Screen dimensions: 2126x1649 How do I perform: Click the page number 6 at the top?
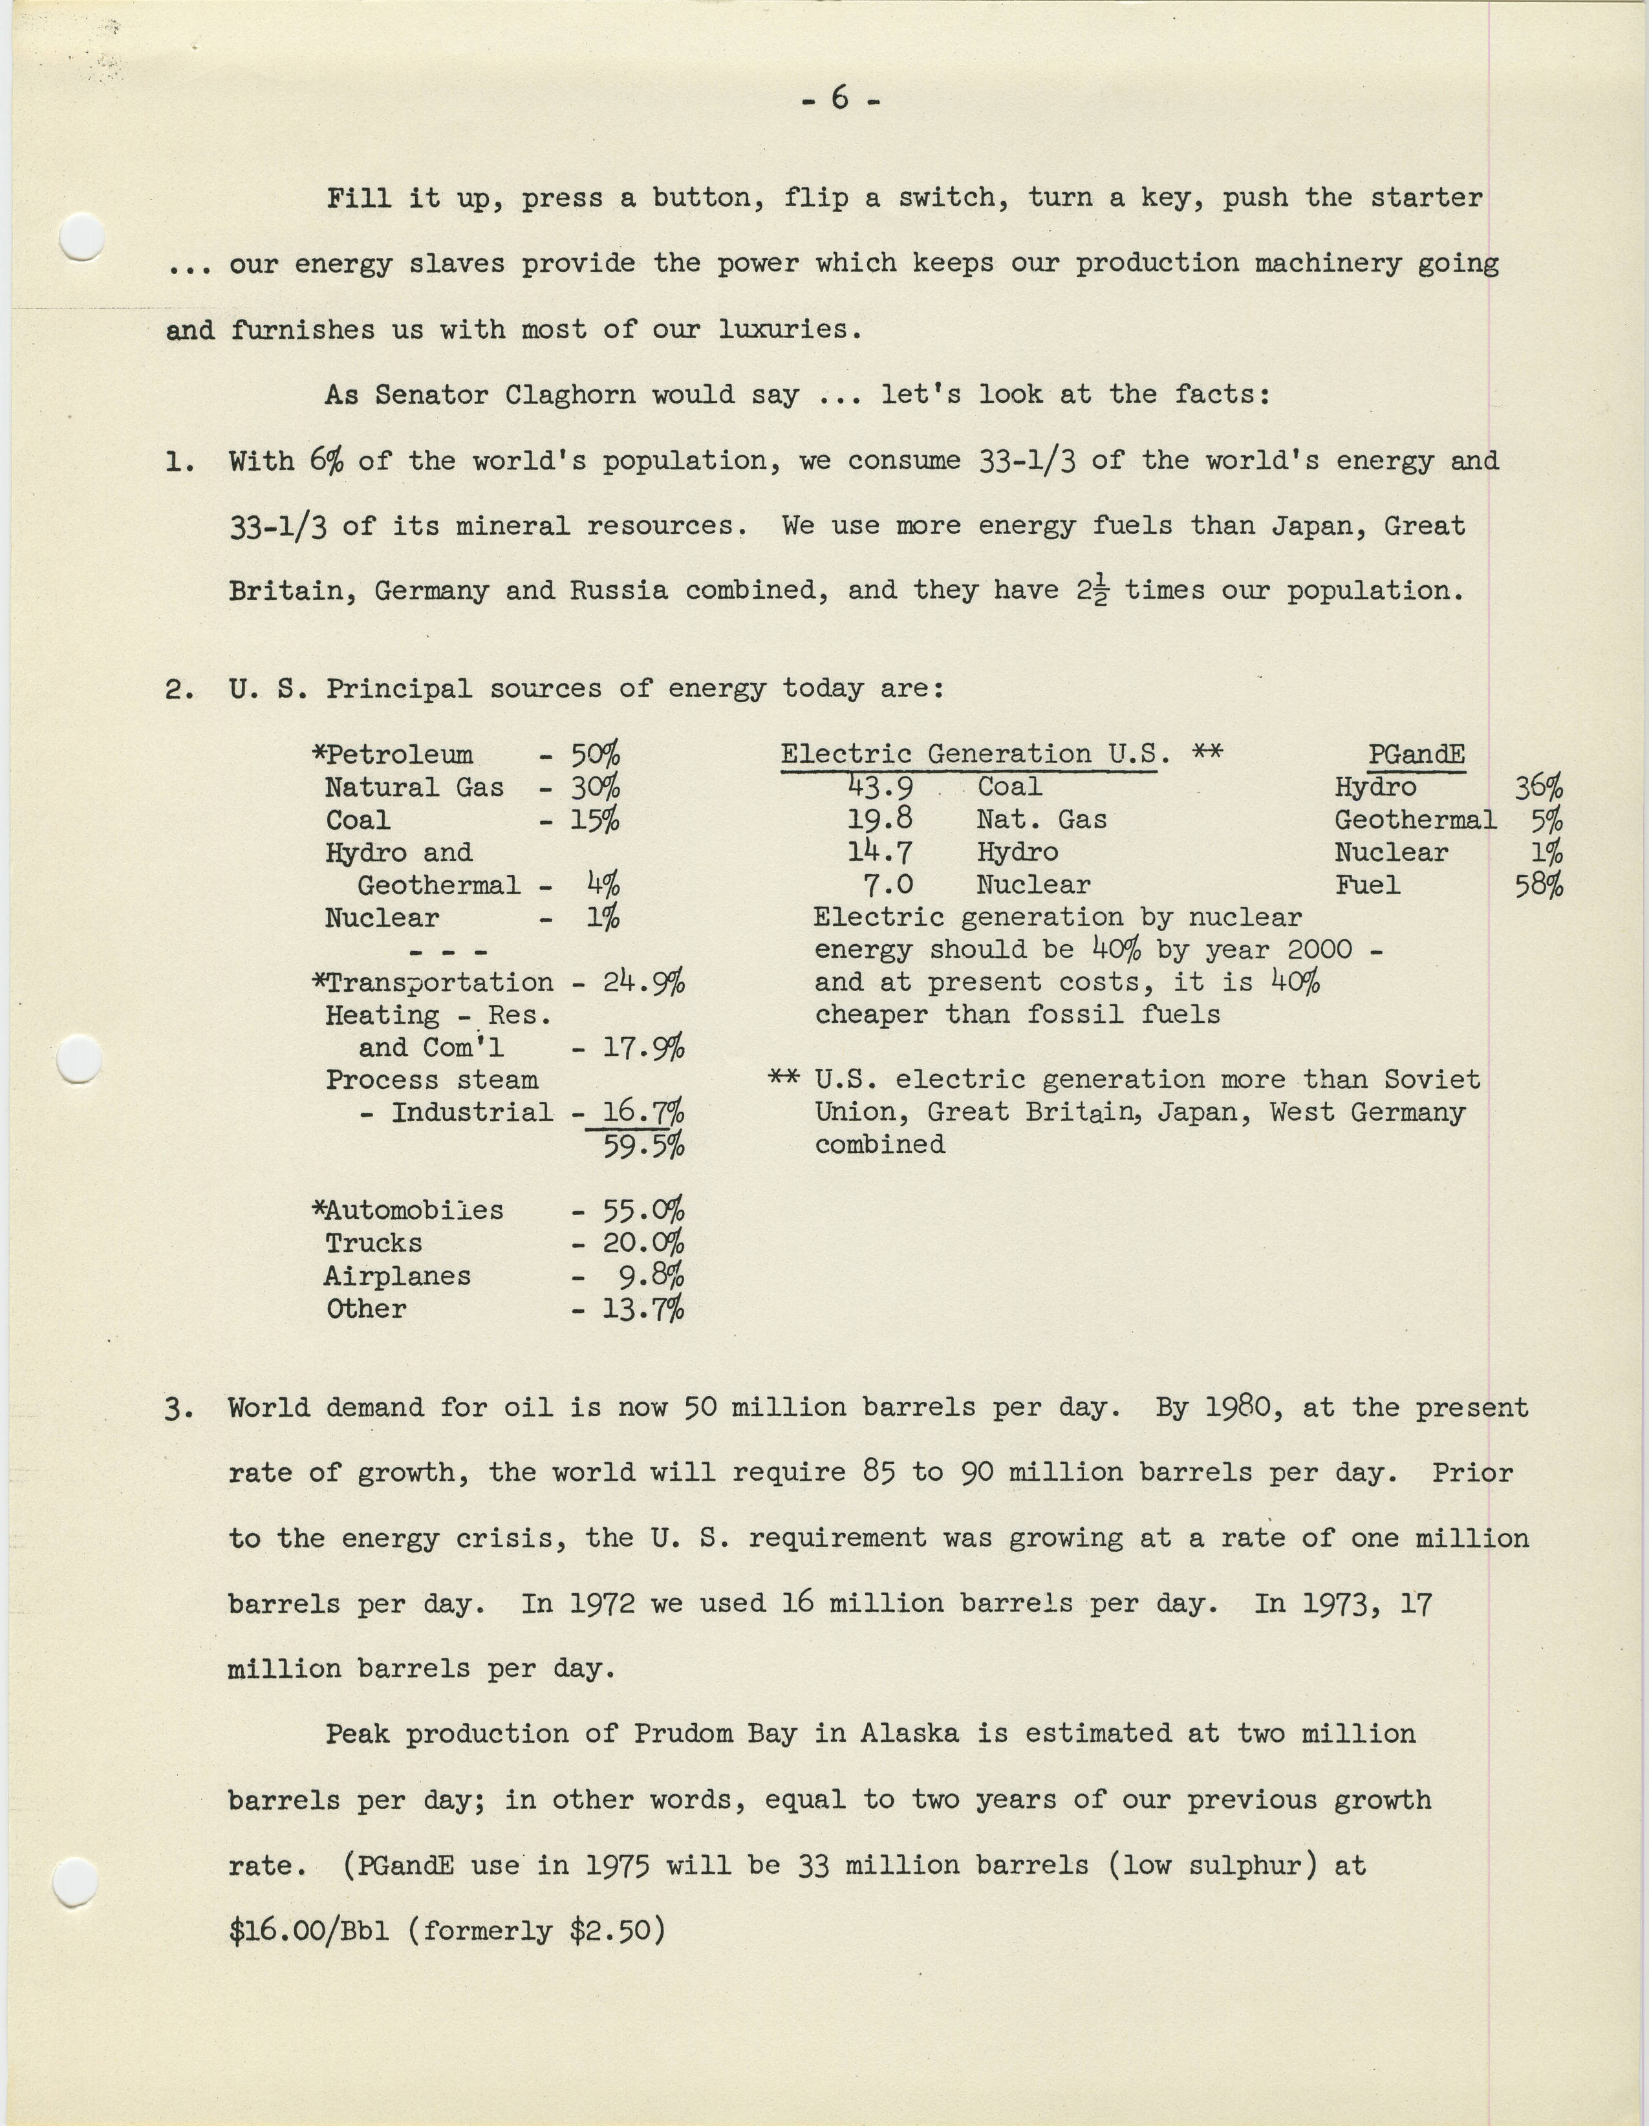(x=840, y=98)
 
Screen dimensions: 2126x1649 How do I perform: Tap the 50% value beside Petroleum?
(x=594, y=755)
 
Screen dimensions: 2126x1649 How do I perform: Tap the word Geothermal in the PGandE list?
(x=1414, y=821)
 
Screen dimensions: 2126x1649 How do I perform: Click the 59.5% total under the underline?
(x=643, y=1146)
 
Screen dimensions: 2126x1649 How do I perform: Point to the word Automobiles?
(x=414, y=1211)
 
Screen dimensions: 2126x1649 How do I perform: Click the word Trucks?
(x=374, y=1244)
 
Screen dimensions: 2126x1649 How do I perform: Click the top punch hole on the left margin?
(x=81, y=237)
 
